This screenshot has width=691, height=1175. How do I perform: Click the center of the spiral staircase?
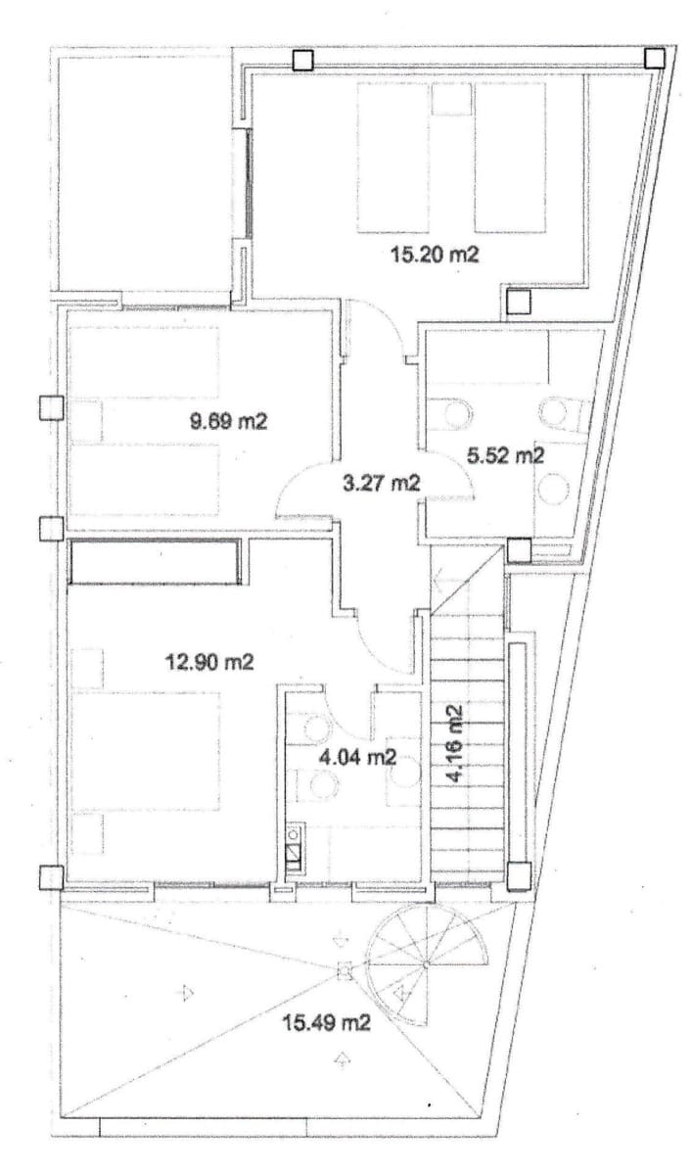[x=428, y=964]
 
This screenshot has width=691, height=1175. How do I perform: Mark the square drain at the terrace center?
[x=343, y=972]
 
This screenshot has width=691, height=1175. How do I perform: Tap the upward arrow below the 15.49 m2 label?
[x=342, y=1059]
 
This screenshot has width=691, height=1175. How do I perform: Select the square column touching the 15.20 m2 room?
[x=517, y=300]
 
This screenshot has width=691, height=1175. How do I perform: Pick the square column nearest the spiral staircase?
[x=518, y=874]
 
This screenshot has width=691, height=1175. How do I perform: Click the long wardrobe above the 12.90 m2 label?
[x=155, y=561]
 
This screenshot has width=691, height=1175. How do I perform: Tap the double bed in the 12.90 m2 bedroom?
[x=147, y=752]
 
